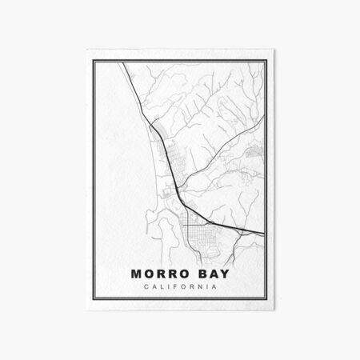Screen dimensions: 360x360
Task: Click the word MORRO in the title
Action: point(160,274)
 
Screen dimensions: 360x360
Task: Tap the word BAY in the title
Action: point(212,274)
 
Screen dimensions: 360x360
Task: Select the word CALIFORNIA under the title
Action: point(180,288)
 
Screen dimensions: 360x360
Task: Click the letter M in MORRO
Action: point(136,274)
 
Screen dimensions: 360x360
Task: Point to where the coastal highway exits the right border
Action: point(265,233)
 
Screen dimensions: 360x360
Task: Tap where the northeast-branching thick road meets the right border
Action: point(265,111)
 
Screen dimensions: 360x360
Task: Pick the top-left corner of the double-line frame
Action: point(94,61)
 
